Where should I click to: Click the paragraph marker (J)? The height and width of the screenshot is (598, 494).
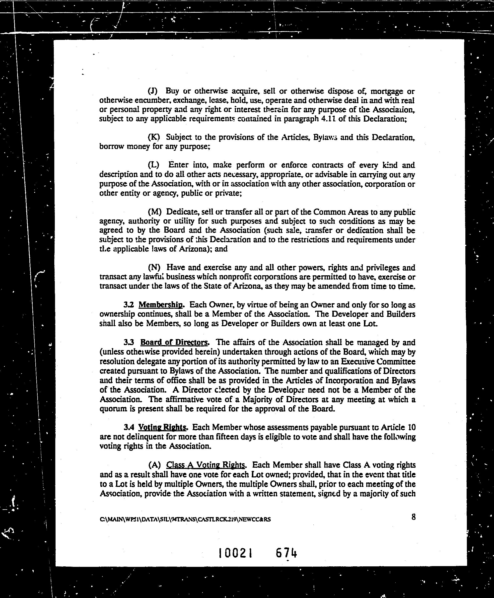tap(153, 91)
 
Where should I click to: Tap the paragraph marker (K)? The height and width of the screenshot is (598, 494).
tap(154, 138)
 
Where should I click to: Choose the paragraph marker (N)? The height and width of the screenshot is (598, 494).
tap(154, 268)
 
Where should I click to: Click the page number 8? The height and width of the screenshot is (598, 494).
tap(414, 517)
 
